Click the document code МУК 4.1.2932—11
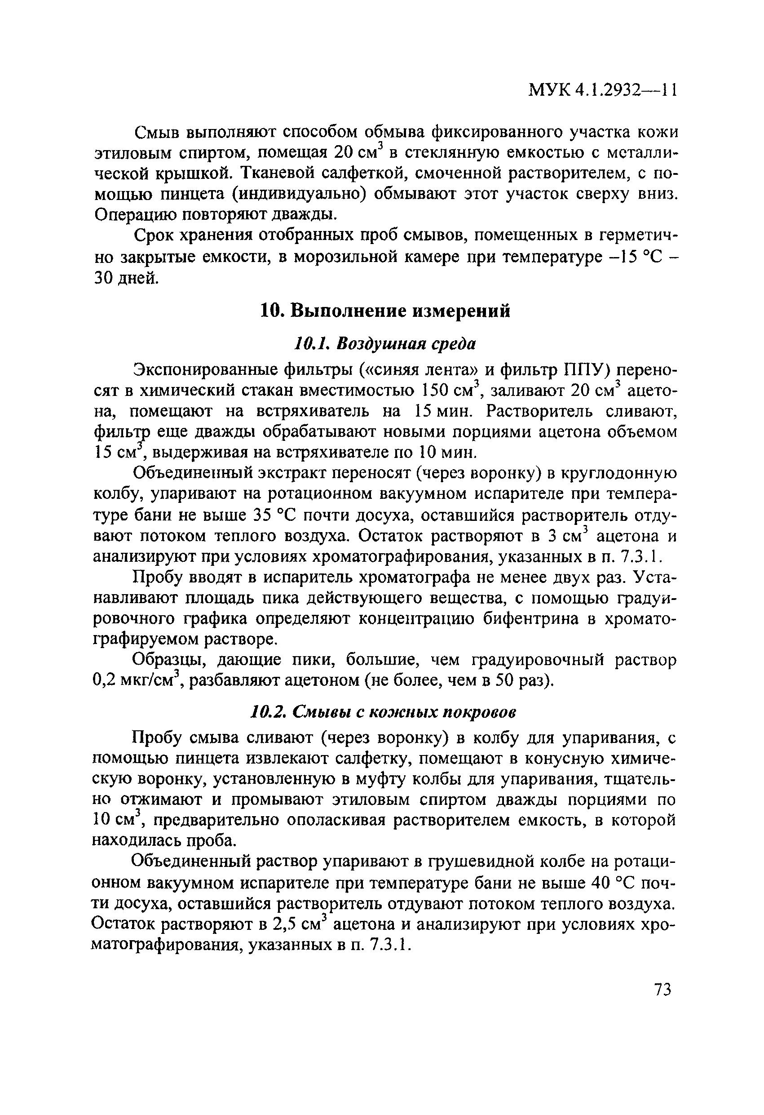602,90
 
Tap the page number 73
662,990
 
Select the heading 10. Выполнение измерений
385,311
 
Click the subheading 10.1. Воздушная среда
384,343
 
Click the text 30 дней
125,278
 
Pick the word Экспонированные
205,370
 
